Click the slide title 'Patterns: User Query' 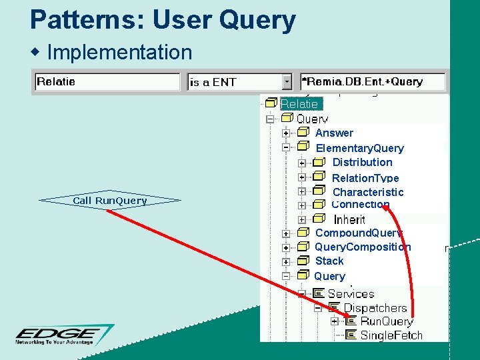coord(163,20)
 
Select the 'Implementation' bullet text coord(119,52)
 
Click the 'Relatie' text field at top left coord(107,82)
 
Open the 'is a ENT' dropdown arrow coord(287,82)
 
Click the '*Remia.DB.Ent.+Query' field coord(372,82)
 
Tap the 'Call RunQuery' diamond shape coord(110,200)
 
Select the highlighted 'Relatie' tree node coord(299,104)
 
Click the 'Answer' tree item coord(334,133)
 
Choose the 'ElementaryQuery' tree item coord(359,148)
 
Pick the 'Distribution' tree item coord(362,162)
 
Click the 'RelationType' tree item coord(365,178)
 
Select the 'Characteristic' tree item coord(368,192)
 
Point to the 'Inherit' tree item coord(349,219)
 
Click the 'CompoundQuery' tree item coord(359,233)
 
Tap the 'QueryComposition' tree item coord(363,247)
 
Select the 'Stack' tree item coord(329,261)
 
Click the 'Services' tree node coord(351,293)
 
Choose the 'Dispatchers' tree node coord(375,308)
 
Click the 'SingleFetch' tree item coord(391,335)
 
